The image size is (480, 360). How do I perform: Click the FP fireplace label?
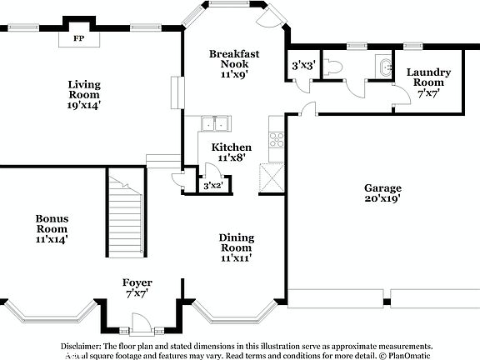[79, 38]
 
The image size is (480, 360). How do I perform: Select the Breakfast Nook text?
[234, 63]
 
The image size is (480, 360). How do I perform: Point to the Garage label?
[382, 193]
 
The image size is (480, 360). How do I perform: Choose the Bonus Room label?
[51, 228]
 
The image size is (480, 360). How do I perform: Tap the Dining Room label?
[236, 247]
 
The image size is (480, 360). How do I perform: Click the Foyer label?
[137, 287]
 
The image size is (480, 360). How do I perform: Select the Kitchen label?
[234, 152]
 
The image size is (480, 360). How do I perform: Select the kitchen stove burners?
[276, 140]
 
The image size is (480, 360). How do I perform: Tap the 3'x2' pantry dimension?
[212, 187]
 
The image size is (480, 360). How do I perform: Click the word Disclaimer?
[80, 345]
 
